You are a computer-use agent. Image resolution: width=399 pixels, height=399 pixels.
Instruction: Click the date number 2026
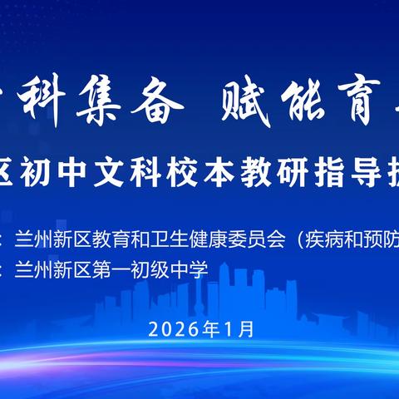coord(168,328)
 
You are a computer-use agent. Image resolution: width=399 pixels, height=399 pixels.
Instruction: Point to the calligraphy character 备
coord(158,106)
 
